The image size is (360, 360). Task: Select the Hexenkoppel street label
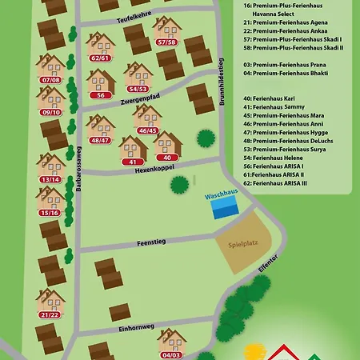pyautogui.click(x=154, y=170)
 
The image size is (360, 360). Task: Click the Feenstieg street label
pyautogui.click(x=150, y=241)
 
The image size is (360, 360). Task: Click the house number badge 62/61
pyautogui.click(x=100, y=58)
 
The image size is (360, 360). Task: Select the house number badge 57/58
pyautogui.click(x=166, y=42)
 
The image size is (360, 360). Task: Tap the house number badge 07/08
pyautogui.click(x=50, y=80)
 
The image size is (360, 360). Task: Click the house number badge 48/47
pyautogui.click(x=100, y=140)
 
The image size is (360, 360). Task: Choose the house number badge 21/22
pyautogui.click(x=50, y=314)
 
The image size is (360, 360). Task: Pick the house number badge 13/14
pyautogui.click(x=50, y=179)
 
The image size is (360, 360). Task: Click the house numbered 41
pyautogui.click(x=131, y=147)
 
